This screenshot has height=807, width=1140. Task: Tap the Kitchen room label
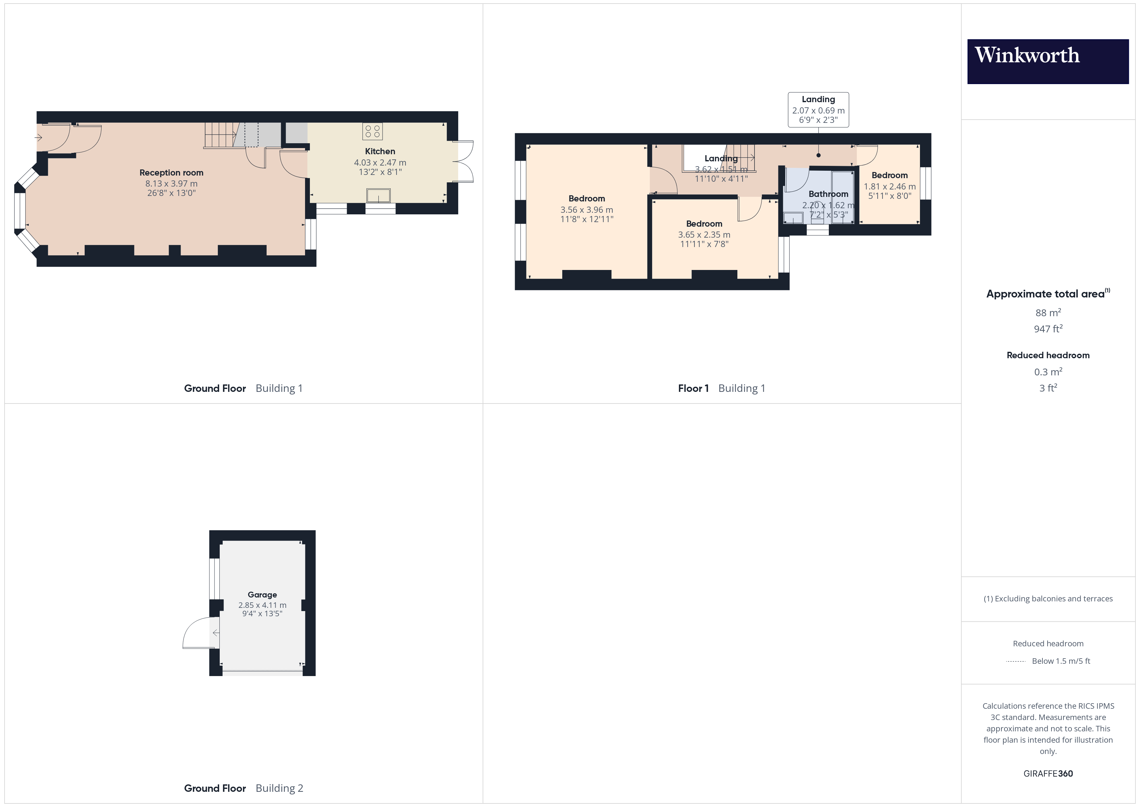click(380, 151)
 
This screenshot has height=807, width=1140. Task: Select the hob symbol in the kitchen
click(372, 131)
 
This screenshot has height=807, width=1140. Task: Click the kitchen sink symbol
click(378, 196)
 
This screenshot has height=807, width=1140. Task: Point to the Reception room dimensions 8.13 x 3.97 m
click(171, 183)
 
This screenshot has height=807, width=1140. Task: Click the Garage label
click(262, 594)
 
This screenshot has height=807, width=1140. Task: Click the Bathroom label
click(828, 194)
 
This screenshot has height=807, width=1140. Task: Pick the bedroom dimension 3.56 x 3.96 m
click(586, 210)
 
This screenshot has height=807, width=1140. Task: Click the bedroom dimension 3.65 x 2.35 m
click(704, 234)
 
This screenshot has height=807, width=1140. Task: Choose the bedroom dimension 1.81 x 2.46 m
click(889, 186)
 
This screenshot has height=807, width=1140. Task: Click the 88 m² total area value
click(1048, 313)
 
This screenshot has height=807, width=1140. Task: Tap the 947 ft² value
click(1048, 328)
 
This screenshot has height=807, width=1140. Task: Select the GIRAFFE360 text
click(1048, 773)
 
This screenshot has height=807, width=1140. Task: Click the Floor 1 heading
click(693, 388)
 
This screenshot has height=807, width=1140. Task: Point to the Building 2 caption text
click(279, 788)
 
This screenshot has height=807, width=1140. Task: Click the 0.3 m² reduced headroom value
click(1048, 372)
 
